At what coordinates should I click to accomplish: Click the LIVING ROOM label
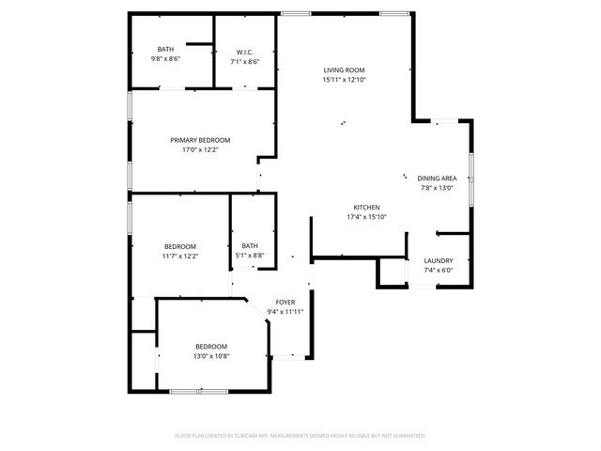pos(344,70)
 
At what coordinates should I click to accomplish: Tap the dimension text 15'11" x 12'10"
pos(344,80)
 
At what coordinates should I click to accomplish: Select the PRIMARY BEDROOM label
pos(200,140)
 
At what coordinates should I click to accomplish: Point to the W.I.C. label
pos(244,52)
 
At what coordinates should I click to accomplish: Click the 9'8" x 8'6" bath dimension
pos(165,59)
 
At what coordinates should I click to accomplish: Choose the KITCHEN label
pos(366,208)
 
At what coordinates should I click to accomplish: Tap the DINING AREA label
pos(437,178)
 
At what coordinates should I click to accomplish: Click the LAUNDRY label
pos(439,261)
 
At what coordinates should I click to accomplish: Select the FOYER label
pos(285,303)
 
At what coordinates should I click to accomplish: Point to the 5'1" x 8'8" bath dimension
pos(251,256)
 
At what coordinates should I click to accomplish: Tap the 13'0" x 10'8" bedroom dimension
pos(211,356)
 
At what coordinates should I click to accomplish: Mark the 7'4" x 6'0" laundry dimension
pos(439,271)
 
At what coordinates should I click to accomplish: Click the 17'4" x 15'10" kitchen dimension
pos(366,217)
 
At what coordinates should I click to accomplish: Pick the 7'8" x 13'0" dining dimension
pos(437,187)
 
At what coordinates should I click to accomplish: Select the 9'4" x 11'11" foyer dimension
pos(285,312)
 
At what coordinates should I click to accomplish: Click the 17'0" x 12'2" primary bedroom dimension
pos(200,149)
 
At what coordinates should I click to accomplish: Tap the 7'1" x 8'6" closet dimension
pos(244,61)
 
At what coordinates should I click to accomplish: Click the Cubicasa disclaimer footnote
pos(300,436)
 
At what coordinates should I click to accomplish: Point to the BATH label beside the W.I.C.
pos(165,50)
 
